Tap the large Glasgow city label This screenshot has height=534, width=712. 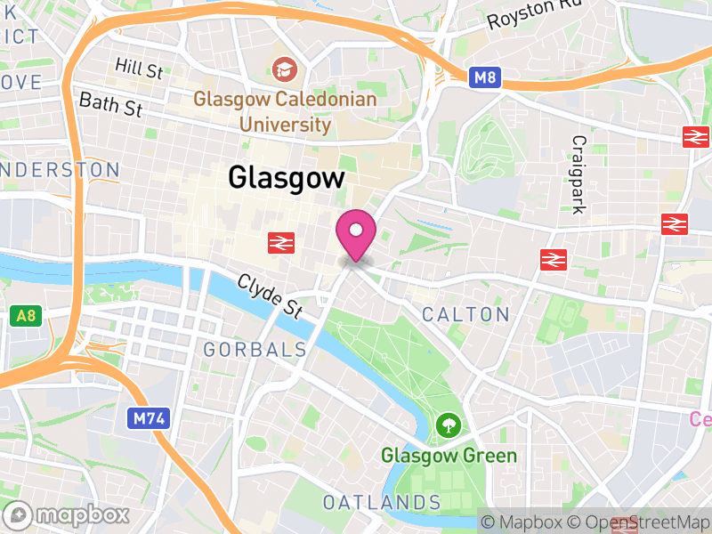coord(286,178)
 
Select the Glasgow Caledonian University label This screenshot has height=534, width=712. coord(285,111)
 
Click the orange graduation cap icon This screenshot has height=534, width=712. coord(285,69)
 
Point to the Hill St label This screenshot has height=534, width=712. coord(140,68)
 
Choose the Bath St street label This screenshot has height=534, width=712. coord(110,104)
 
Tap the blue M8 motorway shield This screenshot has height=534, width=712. coord(485,78)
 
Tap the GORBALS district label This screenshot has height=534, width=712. coord(255,350)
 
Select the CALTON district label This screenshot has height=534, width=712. coord(465,314)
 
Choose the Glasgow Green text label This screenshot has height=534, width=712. coord(449,457)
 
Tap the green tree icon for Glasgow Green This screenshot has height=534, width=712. coord(448,425)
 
